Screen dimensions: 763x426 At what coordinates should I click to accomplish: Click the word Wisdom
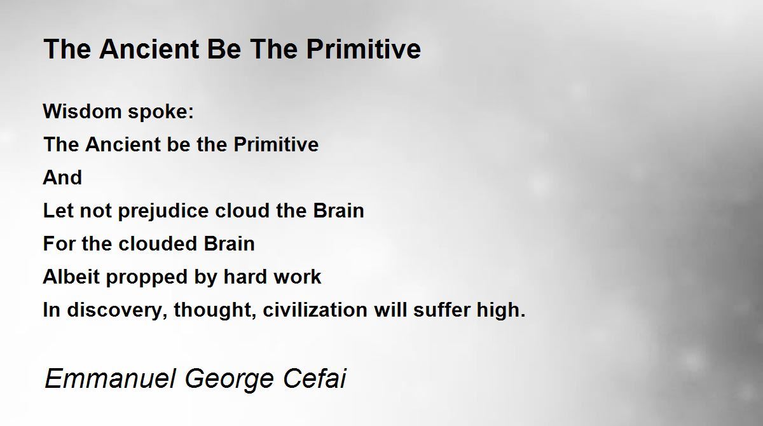tap(82, 111)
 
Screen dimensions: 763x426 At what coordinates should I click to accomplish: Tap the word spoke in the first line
tap(161, 113)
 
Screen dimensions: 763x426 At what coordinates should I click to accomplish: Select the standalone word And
tap(62, 177)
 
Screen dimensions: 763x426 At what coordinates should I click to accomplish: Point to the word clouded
tap(158, 244)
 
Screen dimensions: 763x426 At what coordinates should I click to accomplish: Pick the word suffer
tap(441, 310)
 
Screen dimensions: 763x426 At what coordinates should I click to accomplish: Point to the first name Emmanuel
tap(110, 378)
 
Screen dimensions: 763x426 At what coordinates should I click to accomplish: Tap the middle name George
tap(230, 380)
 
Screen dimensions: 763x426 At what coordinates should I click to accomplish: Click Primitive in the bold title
tap(364, 49)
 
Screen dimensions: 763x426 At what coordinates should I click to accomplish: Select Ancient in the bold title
tap(149, 49)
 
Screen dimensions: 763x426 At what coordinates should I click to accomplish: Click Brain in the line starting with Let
tap(338, 211)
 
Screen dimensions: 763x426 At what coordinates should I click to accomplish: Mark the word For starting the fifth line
tap(59, 244)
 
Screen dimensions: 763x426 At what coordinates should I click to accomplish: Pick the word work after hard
tap(298, 277)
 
